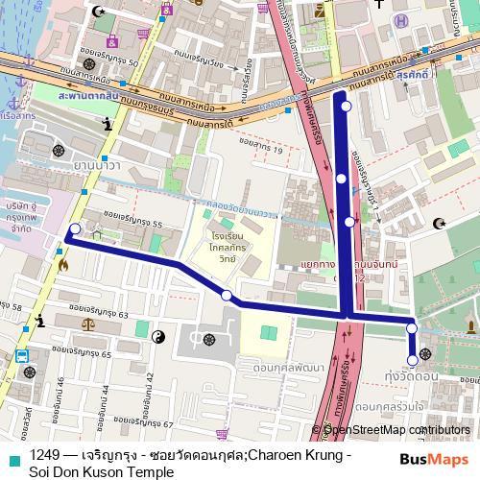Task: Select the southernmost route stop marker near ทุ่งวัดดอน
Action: (x=413, y=360)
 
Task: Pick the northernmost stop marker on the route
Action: (x=346, y=107)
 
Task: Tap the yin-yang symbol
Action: (x=159, y=335)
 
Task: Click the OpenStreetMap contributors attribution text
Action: (x=397, y=429)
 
